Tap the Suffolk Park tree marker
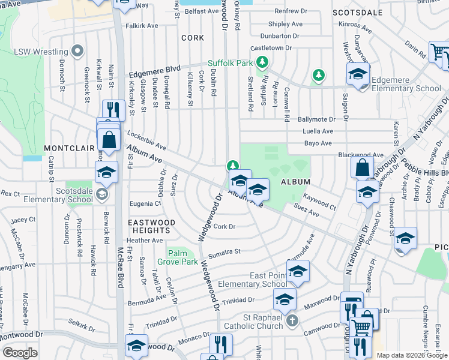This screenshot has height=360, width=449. pyautogui.click(x=262, y=62)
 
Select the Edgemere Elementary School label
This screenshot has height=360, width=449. pyautogui.click(x=406, y=84)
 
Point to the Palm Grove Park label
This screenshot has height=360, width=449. pyautogui.click(x=178, y=257)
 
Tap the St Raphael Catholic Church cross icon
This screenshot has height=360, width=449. pyautogui.click(x=292, y=320)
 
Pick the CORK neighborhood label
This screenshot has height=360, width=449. pyautogui.click(x=192, y=37)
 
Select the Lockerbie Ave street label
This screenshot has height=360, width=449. pyautogui.click(x=146, y=140)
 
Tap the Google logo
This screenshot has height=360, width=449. pyautogui.click(x=20, y=353)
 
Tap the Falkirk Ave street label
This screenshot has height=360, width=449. pyautogui.click(x=142, y=26)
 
